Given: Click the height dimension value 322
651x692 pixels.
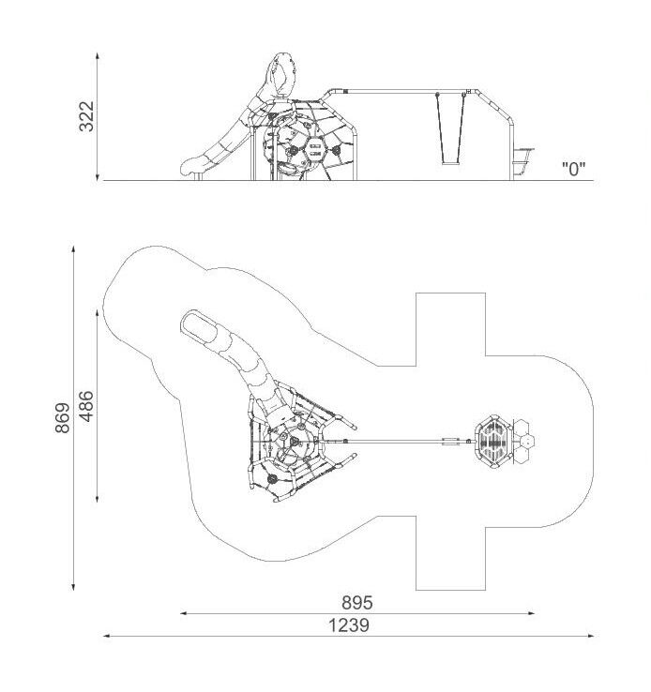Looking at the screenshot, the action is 87,116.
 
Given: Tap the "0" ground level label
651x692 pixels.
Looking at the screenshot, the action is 573,169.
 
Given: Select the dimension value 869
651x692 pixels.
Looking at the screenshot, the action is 63,417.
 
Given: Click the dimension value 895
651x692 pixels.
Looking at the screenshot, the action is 357,602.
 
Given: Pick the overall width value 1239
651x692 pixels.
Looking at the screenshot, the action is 349,625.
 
